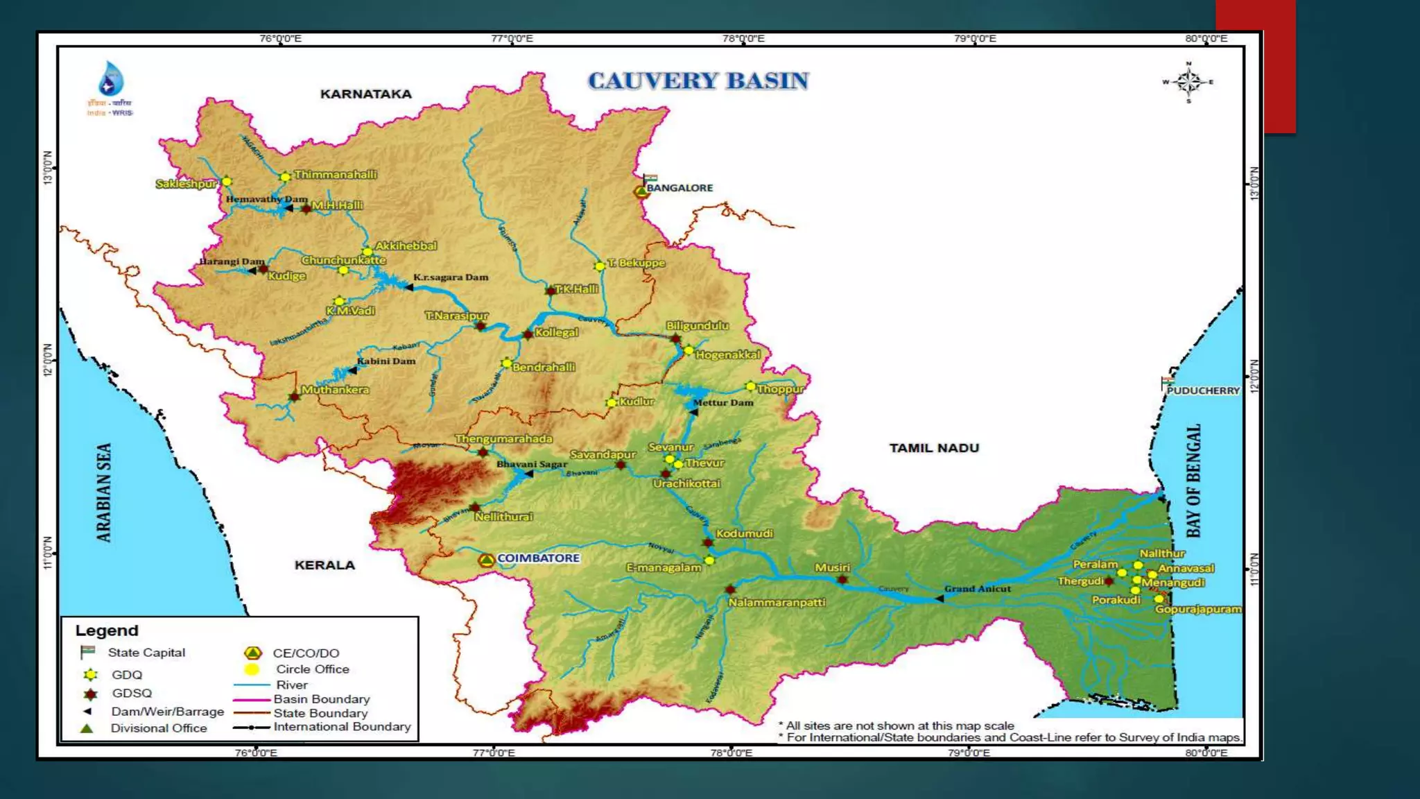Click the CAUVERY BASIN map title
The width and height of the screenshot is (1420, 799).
pyautogui.click(x=698, y=81)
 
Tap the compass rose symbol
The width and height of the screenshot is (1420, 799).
pyautogui.click(x=1188, y=82)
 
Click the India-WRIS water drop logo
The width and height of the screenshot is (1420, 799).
pyautogui.click(x=111, y=79)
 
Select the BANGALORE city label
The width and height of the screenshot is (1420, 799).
pyautogui.click(x=679, y=188)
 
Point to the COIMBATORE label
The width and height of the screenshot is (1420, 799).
pyautogui.click(x=538, y=558)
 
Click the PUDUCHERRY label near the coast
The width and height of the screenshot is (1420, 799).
pyautogui.click(x=1203, y=390)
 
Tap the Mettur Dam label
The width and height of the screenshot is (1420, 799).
pyautogui.click(x=723, y=402)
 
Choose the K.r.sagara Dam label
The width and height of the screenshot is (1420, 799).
pyautogui.click(x=451, y=277)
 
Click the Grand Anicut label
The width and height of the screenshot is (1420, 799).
pyautogui.click(x=977, y=589)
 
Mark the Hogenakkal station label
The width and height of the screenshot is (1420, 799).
pyautogui.click(x=727, y=355)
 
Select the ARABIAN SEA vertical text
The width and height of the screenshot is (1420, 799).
pyautogui.click(x=103, y=492)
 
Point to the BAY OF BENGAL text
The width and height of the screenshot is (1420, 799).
pyautogui.click(x=1193, y=481)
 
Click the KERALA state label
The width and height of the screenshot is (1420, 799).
pyautogui.click(x=324, y=565)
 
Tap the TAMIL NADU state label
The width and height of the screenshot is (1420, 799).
pyautogui.click(x=934, y=448)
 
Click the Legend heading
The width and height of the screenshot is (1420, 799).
pyautogui.click(x=107, y=630)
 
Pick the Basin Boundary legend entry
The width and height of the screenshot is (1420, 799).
pyautogui.click(x=321, y=699)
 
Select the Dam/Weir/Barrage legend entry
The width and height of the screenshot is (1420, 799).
pyautogui.click(x=167, y=712)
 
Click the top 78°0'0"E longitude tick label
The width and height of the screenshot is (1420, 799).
pyautogui.click(x=743, y=39)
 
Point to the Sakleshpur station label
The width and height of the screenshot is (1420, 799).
pyautogui.click(x=186, y=184)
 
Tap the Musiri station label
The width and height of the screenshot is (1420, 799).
pyautogui.click(x=832, y=567)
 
